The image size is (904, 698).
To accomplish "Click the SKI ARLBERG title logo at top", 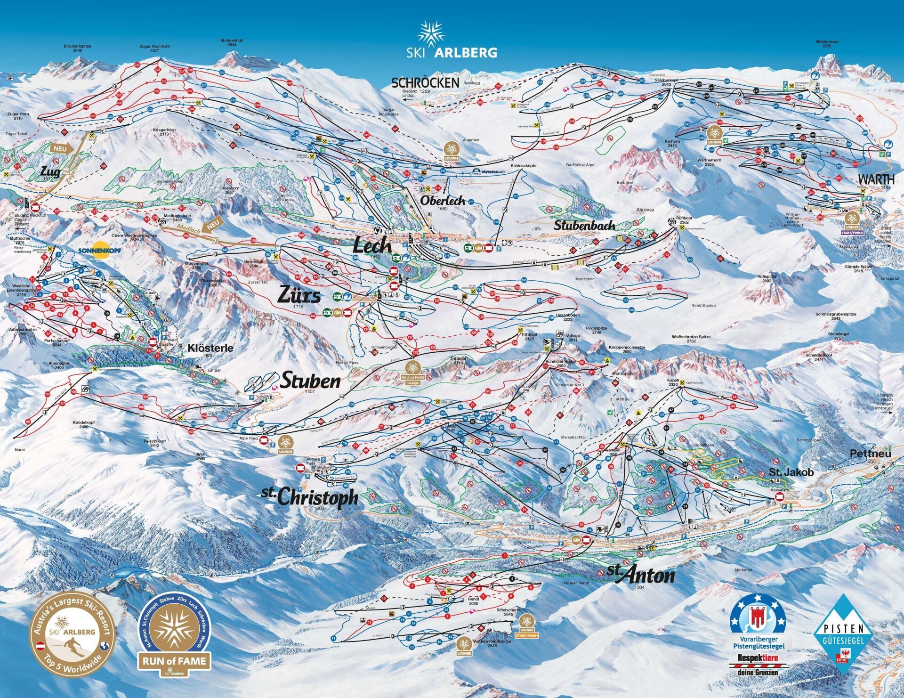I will click(451, 41).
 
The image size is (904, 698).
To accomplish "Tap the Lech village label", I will click(372, 245).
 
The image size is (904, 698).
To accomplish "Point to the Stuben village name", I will click(310, 381).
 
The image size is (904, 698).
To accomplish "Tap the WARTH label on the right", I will click(876, 179).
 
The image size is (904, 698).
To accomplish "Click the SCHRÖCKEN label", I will click(425, 83).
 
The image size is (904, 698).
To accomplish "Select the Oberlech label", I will click(442, 201).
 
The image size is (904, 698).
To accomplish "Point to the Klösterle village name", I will click(210, 348).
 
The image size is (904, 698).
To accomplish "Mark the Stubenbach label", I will click(584, 225).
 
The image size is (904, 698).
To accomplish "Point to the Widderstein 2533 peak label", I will click(826, 44).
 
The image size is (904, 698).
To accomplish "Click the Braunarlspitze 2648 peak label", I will click(77, 48).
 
